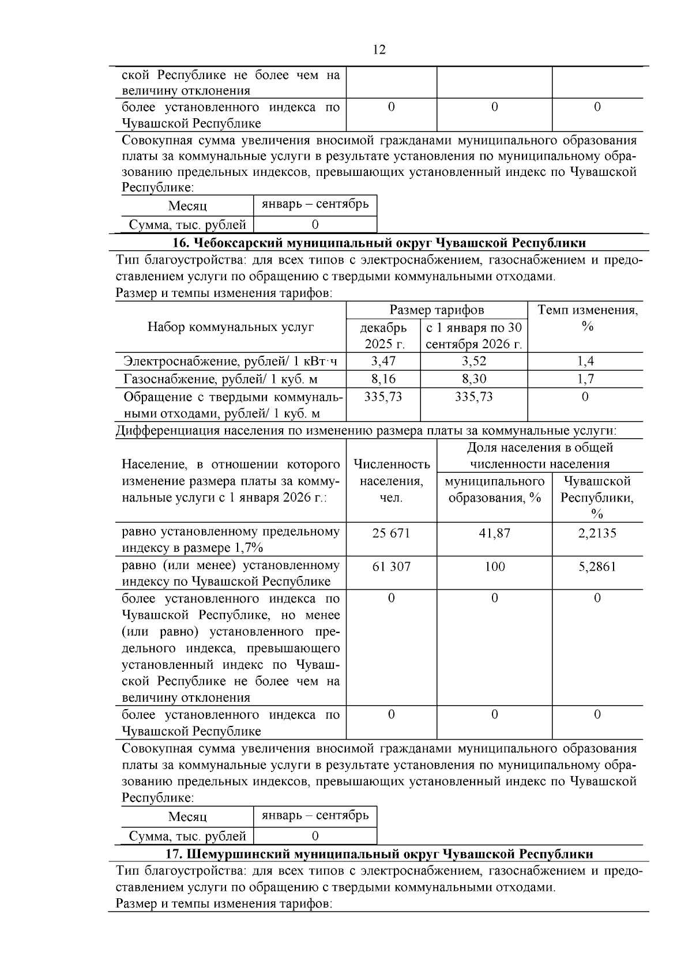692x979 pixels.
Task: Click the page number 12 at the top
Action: pos(379,50)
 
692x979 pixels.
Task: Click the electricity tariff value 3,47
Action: pos(383,362)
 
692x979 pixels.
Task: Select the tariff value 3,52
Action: pos(473,362)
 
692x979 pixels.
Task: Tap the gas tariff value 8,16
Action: pos(383,379)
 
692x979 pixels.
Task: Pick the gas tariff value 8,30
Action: pos(473,379)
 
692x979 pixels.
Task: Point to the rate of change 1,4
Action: pos(585,362)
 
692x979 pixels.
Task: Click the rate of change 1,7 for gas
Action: pos(585,379)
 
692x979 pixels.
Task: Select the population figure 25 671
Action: pos(391,533)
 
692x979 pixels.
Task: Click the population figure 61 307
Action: pos(391,566)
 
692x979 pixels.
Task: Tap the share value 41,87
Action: pos(494,533)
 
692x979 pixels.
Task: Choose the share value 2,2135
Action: pos(597,533)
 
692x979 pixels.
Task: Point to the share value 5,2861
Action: pos(597,566)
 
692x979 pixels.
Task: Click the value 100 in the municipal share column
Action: pos(494,566)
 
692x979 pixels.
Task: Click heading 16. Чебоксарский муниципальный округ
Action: pos(379,243)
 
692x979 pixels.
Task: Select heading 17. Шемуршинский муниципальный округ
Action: pos(379,854)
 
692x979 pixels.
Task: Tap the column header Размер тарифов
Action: pos(437,310)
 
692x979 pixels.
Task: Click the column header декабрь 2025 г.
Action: pos(383,336)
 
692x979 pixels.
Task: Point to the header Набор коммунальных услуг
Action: pos(230,327)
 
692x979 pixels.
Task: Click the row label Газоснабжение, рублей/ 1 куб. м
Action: pos(220,379)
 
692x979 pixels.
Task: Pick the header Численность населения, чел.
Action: pos(391,481)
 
